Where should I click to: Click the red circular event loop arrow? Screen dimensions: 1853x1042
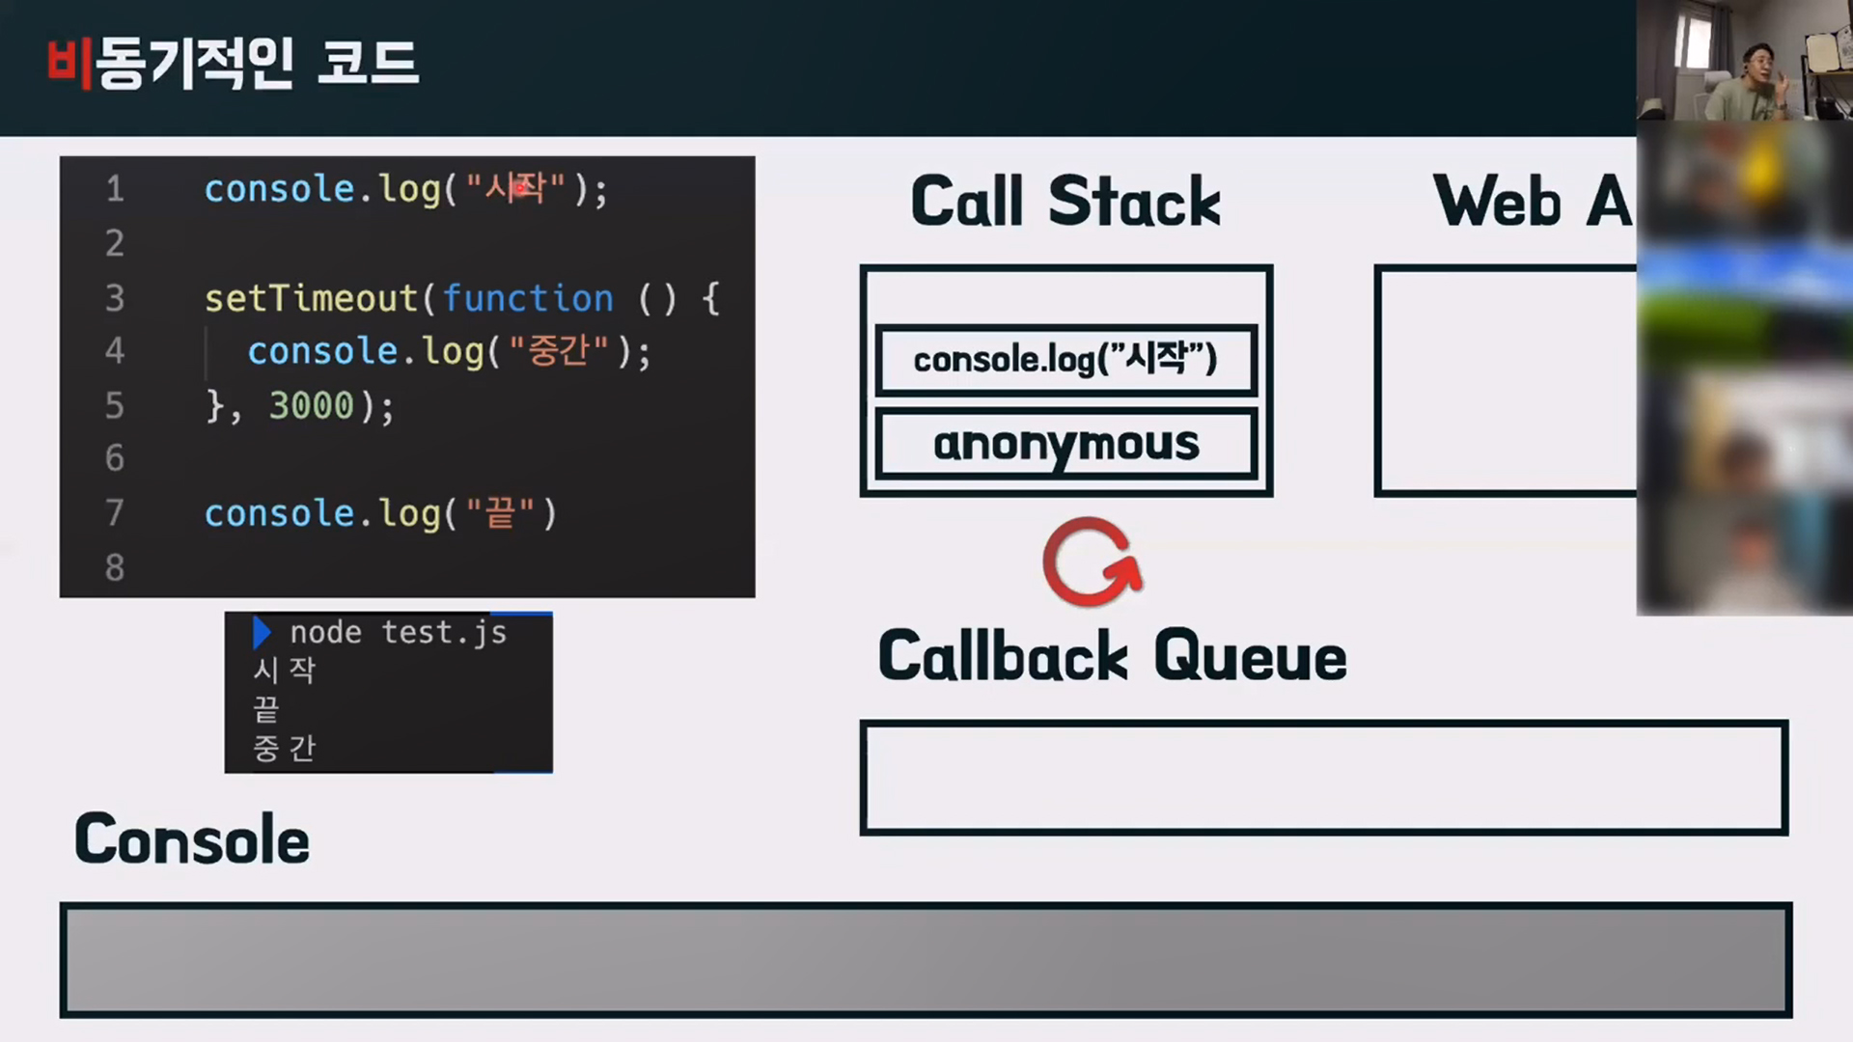[1092, 562]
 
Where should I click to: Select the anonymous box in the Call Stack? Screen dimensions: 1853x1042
[1065, 444]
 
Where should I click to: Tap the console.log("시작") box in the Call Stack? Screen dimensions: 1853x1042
[1065, 360]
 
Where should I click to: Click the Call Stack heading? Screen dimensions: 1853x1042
[1065, 202]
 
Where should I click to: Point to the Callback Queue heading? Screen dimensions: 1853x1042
[1112, 656]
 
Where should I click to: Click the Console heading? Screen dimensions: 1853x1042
[192, 839]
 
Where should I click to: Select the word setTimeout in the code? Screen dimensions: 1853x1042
[311, 298]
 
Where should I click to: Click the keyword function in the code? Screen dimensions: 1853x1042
[528, 298]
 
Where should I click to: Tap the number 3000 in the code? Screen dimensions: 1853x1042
[312, 405]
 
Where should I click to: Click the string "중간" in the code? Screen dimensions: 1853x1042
[559, 351]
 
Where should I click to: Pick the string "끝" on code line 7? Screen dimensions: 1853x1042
[499, 513]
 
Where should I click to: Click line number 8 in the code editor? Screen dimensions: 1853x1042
[115, 567]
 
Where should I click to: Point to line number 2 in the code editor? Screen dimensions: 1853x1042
[115, 243]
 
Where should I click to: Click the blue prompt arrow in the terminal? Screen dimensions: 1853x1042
[262, 633]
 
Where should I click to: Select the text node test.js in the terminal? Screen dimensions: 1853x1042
[398, 633]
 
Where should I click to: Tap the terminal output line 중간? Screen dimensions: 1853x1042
[284, 748]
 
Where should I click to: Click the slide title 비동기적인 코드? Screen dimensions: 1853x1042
[233, 64]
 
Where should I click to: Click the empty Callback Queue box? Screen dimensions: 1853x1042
[1323, 777]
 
